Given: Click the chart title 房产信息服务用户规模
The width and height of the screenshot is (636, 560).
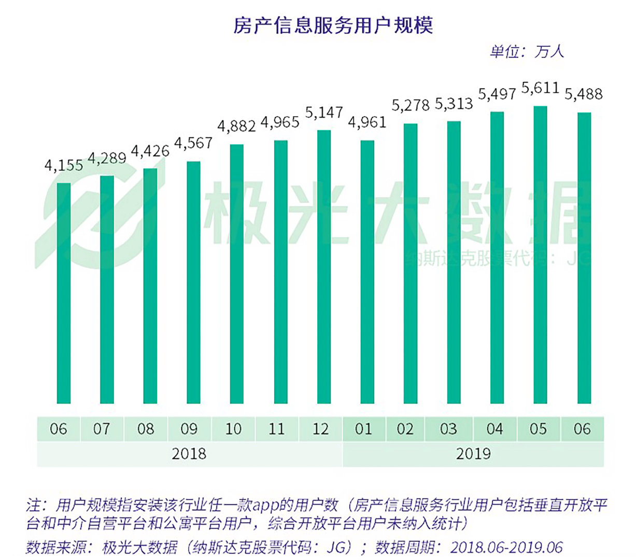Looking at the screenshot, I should [x=333, y=25].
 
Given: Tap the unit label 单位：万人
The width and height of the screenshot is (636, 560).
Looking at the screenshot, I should [x=527, y=52].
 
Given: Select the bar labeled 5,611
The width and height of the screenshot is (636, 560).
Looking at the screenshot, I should [x=540, y=255].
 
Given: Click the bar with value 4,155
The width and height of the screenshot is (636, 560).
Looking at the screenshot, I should [x=64, y=293].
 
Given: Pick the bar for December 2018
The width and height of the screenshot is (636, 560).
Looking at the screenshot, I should [x=323, y=267].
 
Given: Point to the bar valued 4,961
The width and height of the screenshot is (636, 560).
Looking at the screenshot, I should [x=367, y=272].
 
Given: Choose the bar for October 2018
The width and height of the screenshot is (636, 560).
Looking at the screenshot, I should [x=236, y=274].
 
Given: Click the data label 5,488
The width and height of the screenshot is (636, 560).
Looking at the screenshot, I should [x=584, y=94].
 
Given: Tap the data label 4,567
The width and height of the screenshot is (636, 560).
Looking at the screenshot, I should [x=193, y=143].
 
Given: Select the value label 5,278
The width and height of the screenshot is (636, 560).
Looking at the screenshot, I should [x=411, y=106].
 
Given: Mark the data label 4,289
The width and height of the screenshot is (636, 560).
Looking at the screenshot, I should [x=107, y=158].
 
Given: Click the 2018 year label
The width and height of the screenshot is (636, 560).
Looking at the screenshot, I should [x=189, y=454].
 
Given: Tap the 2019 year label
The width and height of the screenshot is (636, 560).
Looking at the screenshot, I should [x=473, y=454].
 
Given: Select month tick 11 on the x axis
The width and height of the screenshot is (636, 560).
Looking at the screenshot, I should [x=277, y=429].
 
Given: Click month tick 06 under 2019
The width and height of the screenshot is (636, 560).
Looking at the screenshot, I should [x=582, y=429].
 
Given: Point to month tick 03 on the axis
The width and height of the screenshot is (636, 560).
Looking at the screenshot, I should [x=448, y=429].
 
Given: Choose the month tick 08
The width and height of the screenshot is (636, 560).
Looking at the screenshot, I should [x=146, y=429].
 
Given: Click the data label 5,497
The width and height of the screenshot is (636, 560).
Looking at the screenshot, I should [x=497, y=94].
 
